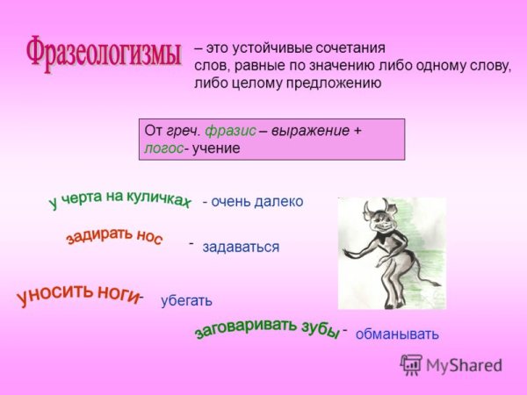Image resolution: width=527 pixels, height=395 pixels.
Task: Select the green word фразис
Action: (230, 131)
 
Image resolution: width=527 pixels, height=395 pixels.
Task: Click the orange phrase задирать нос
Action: (113, 232)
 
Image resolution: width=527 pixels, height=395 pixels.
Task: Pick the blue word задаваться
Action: (241, 248)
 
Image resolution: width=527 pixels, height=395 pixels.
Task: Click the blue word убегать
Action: (186, 301)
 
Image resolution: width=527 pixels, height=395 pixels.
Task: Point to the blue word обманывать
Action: (397, 334)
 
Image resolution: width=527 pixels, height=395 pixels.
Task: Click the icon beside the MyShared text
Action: (411, 364)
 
